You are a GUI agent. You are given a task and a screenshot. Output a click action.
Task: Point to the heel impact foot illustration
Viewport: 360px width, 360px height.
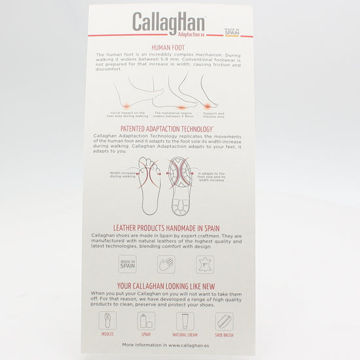[128, 96]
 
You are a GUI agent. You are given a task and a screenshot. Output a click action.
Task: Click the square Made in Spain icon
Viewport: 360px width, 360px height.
[128, 264]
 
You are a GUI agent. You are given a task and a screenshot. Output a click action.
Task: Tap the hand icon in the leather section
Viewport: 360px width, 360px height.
[166, 264]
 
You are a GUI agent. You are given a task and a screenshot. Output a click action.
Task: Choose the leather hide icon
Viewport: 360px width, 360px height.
[205, 264]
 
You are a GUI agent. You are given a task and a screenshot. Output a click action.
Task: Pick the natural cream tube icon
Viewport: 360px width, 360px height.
[185, 321]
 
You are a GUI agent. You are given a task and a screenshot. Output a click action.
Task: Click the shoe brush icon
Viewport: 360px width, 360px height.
[224, 321]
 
